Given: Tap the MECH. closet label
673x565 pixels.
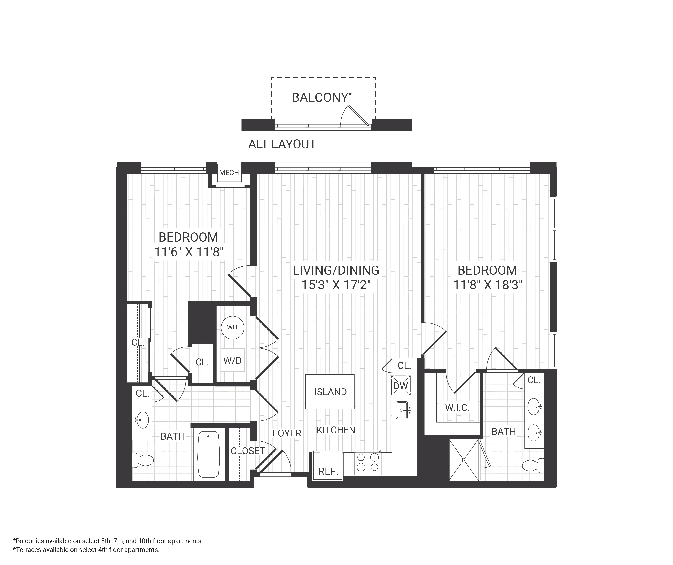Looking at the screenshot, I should click(230, 173).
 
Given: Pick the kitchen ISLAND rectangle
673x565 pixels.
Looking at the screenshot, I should click(330, 392).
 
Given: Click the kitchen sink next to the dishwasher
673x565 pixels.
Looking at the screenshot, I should click(402, 410).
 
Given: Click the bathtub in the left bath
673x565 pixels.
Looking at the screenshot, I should click(209, 454).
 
